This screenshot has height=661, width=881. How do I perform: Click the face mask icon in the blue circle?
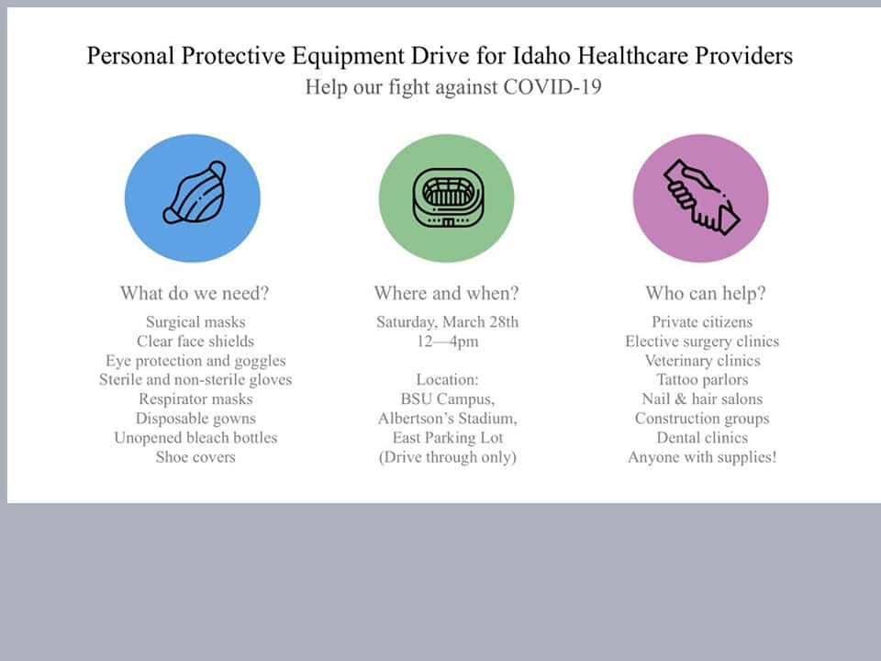195,193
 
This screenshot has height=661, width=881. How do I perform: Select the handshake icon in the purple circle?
702,196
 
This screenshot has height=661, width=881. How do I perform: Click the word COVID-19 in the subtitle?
552,87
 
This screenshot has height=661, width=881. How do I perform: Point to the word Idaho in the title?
541,56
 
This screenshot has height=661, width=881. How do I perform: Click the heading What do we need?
195,293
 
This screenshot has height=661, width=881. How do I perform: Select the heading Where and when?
447,293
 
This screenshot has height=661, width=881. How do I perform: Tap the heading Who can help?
705,293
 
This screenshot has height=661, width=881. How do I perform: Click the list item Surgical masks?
195,322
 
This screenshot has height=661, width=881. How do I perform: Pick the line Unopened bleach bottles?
195,438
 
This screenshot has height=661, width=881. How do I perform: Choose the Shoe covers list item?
195,457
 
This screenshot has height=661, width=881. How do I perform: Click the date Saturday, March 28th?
447,322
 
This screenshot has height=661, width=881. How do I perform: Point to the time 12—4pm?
447,342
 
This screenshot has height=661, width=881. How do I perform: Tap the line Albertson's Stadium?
447,419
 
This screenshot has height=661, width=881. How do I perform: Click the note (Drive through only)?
447,457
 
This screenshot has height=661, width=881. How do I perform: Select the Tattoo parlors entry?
702,380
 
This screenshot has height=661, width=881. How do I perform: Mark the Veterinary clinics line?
702,361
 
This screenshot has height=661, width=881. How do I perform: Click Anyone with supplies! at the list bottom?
702,457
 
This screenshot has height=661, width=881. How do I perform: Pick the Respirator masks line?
195,399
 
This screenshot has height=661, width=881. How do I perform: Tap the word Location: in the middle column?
447,380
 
